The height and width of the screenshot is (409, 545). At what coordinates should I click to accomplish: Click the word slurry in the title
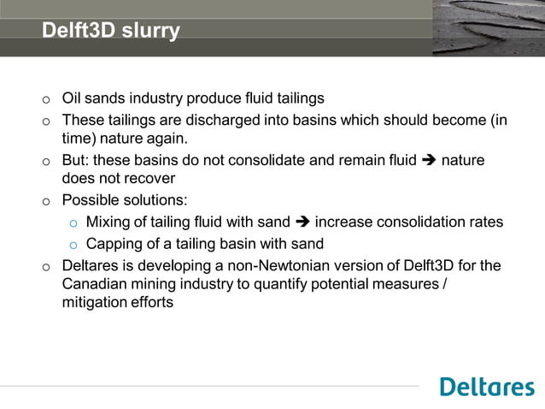pyautogui.click(x=151, y=32)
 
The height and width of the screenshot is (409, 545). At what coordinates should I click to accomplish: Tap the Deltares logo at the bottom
pyautogui.click(x=487, y=387)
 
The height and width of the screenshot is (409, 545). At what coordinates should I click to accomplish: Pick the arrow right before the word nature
pyautogui.click(x=428, y=160)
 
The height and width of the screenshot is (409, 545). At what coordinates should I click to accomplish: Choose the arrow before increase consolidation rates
pyautogui.click(x=302, y=222)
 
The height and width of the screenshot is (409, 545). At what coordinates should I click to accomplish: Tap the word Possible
pyautogui.click(x=91, y=200)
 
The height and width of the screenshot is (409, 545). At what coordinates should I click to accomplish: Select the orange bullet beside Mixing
pyautogui.click(x=73, y=223)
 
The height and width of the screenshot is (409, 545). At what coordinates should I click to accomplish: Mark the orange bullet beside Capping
pyautogui.click(x=73, y=245)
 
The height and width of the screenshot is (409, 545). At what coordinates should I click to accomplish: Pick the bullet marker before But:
pyautogui.click(x=46, y=161)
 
